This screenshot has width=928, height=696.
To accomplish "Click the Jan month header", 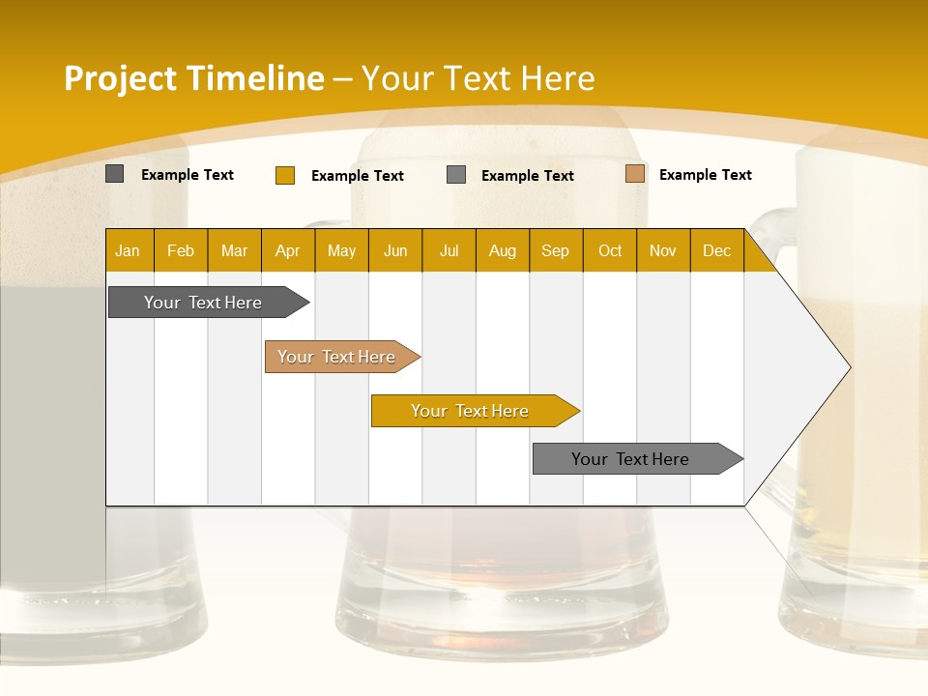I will pyautogui.click(x=128, y=250).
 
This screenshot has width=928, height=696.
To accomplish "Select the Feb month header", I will pyautogui.click(x=181, y=250).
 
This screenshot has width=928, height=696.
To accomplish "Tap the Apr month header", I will pyautogui.click(x=287, y=250).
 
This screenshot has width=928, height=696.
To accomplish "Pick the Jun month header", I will pyautogui.click(x=395, y=250).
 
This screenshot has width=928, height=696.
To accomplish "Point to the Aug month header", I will pyautogui.click(x=502, y=250).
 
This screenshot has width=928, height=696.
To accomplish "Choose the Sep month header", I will pyautogui.click(x=555, y=250).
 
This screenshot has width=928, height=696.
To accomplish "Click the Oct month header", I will pyautogui.click(x=610, y=250).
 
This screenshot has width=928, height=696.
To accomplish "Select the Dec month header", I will pyautogui.click(x=716, y=250).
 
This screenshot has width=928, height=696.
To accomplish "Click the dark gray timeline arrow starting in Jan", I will pyautogui.click(x=203, y=303).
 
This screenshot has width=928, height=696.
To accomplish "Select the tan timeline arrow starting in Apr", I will pyautogui.click(x=336, y=357).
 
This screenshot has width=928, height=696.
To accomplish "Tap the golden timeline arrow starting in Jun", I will pyautogui.click(x=470, y=411).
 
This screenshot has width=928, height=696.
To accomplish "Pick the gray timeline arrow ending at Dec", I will pyautogui.click(x=630, y=459).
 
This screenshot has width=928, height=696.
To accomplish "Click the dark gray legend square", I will pyautogui.click(x=115, y=174).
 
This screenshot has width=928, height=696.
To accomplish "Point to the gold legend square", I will pyautogui.click(x=285, y=175).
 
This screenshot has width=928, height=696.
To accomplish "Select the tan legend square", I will pyautogui.click(x=635, y=174).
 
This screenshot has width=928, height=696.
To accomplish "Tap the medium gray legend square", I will pyautogui.click(x=456, y=175).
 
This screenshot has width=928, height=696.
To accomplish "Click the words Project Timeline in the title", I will pyautogui.click(x=194, y=78).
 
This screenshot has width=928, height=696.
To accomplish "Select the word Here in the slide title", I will pyautogui.click(x=558, y=78).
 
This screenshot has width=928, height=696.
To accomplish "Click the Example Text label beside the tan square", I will pyautogui.click(x=705, y=175).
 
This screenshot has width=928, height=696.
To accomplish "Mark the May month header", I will pyautogui.click(x=341, y=250).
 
